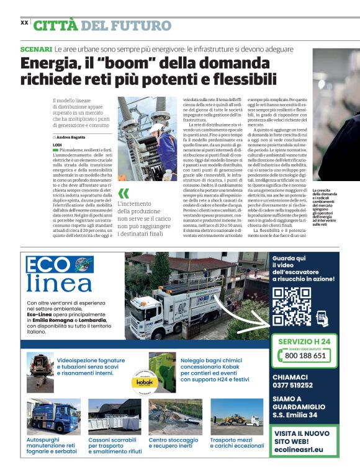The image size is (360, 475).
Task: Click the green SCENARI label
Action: (x=35, y=48)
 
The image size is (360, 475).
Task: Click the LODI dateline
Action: (x=58, y=144)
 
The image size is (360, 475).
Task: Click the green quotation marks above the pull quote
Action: (x=124, y=193)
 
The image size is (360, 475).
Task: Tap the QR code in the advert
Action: (x=291, y=307)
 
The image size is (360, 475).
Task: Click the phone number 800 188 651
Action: (x=305, y=355)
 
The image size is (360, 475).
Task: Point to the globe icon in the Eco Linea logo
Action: (x=84, y=264)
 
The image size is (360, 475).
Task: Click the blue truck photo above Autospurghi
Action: (x=53, y=416)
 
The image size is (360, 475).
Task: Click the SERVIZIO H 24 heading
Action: (x=304, y=342)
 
